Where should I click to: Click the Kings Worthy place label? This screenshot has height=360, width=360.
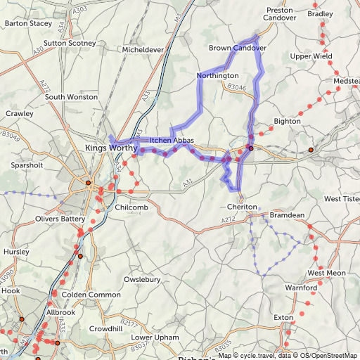click(x=104, y=148)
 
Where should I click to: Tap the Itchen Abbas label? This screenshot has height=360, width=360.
click(x=172, y=141)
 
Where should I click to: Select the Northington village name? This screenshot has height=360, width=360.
click(x=218, y=75)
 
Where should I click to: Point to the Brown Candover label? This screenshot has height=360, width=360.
click(x=238, y=48)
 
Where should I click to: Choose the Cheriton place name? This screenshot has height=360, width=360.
click(x=243, y=207)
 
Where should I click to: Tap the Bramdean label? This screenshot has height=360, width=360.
click(x=287, y=214)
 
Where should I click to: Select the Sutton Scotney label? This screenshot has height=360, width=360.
click(x=69, y=43)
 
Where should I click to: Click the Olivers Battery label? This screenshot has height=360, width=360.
click(x=60, y=219)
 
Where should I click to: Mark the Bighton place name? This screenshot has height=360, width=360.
click(x=287, y=121)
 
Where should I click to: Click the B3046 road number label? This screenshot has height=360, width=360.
click(x=236, y=87)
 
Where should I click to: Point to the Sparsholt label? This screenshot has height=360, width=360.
click(x=28, y=166)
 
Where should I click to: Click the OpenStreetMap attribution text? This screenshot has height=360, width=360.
click(x=335, y=355)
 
